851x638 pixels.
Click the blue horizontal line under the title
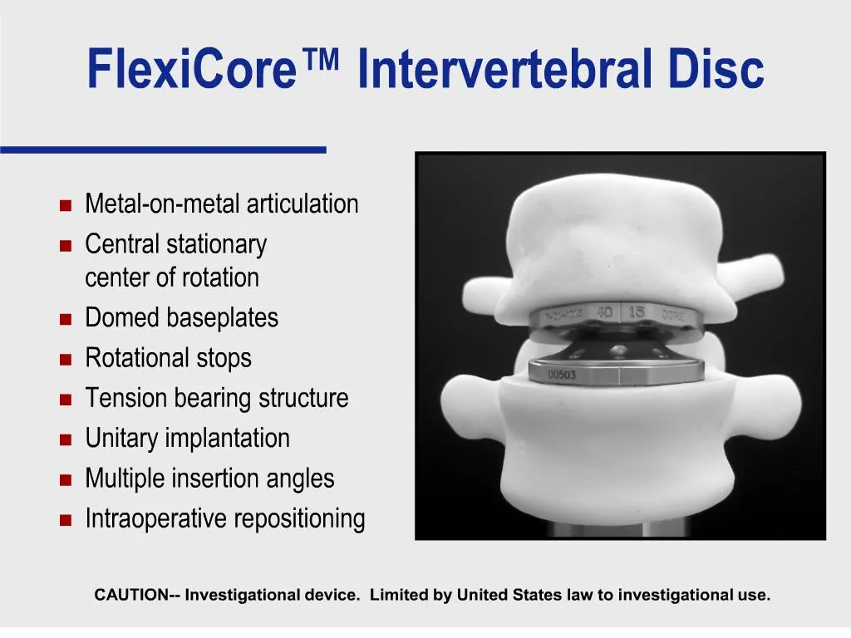[x=163, y=150]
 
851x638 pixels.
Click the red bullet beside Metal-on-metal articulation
[x=66, y=205]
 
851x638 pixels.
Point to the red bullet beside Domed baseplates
[x=66, y=319]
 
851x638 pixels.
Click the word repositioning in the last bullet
[x=299, y=519]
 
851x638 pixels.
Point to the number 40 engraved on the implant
[x=604, y=312]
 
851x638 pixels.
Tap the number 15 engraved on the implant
[x=636, y=312]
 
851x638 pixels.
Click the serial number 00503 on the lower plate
[x=562, y=375]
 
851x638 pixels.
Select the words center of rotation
[x=172, y=277]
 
